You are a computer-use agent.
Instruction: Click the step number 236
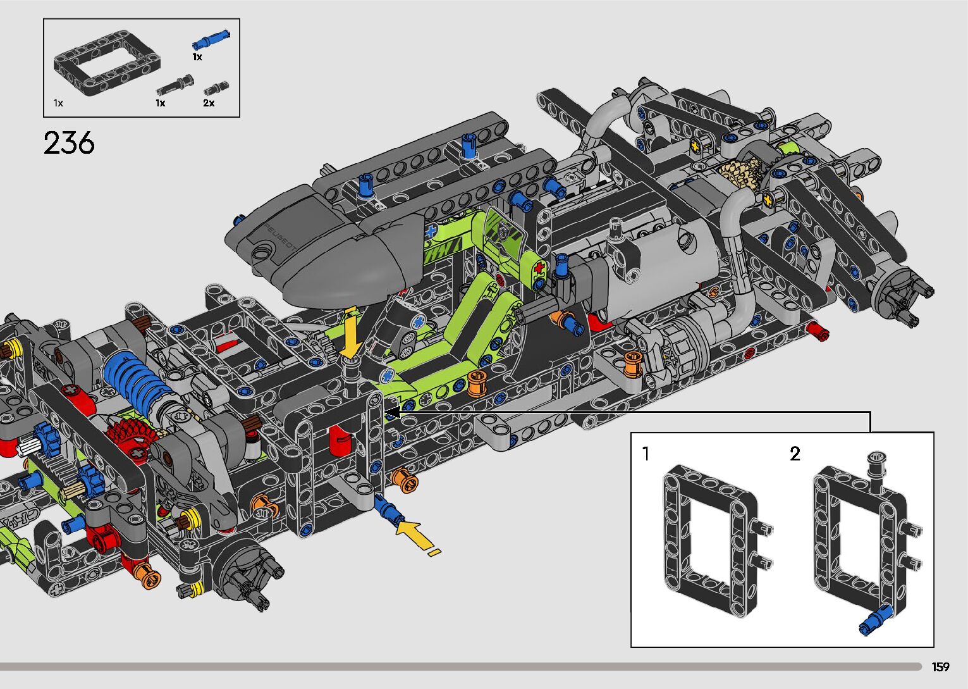pos(69,143)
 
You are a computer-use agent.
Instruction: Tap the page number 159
pos(940,666)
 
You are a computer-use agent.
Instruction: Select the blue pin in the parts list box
pos(211,39)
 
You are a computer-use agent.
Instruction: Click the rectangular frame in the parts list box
pos(107,61)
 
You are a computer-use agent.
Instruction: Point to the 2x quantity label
pos(209,103)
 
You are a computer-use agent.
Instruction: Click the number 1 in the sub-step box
pos(646,454)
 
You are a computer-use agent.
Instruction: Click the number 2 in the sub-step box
pos(795,454)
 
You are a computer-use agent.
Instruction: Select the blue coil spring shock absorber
pos(133,377)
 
